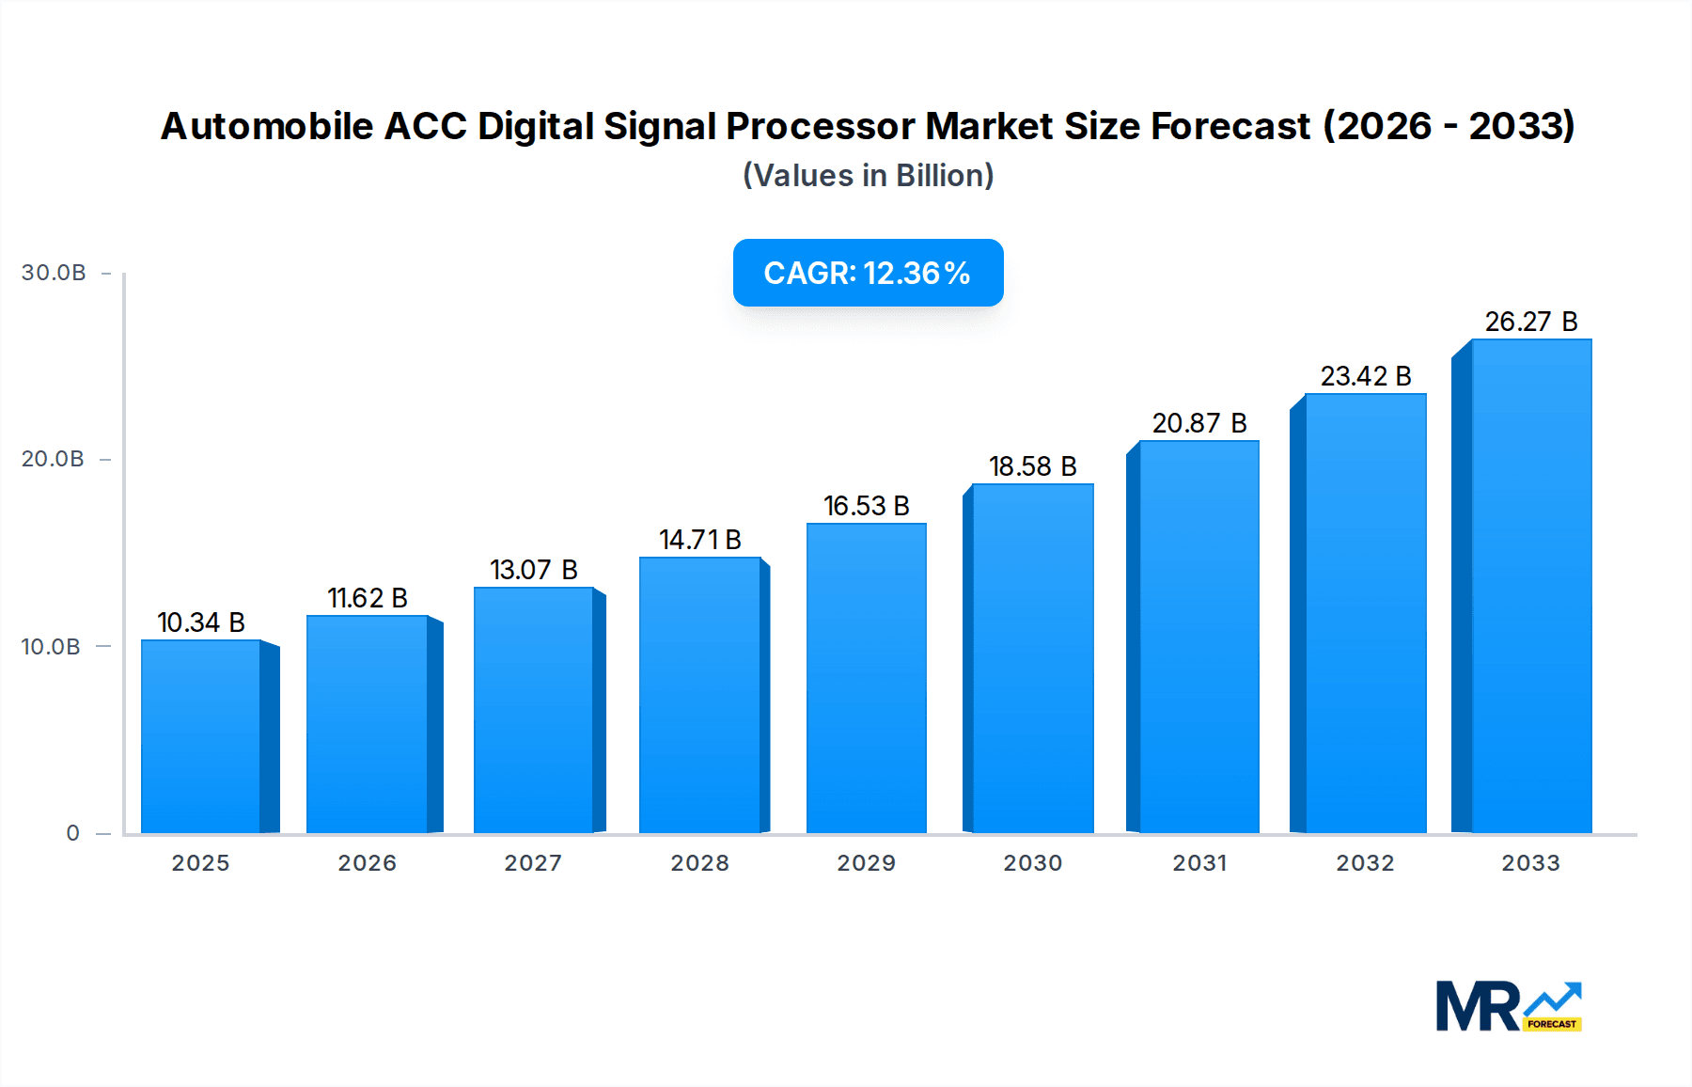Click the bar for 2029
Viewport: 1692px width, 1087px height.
tap(866, 678)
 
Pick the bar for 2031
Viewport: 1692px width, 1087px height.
tap(1198, 637)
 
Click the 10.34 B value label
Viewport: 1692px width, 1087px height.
tap(201, 622)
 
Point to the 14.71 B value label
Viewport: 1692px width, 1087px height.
tap(700, 540)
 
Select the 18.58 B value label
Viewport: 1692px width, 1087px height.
tap(1032, 466)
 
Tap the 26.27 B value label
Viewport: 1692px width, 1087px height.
tap(1530, 322)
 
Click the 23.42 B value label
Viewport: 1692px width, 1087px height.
tap(1365, 376)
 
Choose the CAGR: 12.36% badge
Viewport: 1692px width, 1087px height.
tap(868, 273)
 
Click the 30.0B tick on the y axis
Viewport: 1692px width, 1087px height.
tap(54, 273)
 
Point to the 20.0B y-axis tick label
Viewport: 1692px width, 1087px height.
tap(53, 459)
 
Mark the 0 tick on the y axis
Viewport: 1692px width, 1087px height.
tap(72, 832)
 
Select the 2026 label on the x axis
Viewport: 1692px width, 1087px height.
tap(367, 862)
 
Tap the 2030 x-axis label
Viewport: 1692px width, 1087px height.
tap(1032, 862)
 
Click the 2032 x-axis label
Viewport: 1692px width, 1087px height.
tap(1365, 862)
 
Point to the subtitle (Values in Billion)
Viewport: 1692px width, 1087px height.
tap(868, 176)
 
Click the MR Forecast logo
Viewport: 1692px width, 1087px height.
tap(1508, 1006)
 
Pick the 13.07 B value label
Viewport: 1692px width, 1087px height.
tap(533, 570)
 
